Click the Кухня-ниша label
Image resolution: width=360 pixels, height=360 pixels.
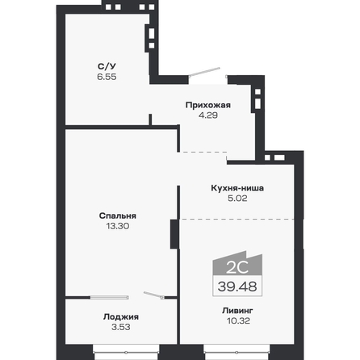[x=232, y=189]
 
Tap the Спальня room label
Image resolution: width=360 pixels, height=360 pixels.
[x=117, y=216]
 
